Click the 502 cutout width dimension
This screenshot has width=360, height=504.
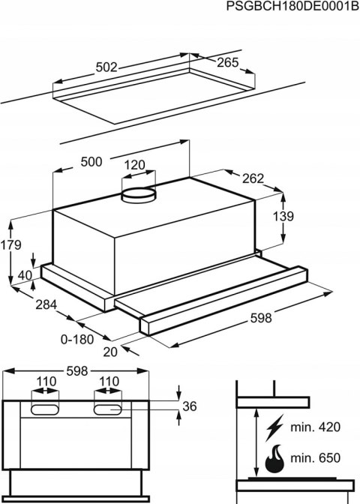click(x=107, y=67)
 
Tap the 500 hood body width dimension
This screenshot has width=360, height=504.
click(x=94, y=162)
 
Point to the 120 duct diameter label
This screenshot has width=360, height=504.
click(x=134, y=165)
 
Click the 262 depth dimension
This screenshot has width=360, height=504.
click(x=253, y=178)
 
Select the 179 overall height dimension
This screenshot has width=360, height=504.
click(x=11, y=245)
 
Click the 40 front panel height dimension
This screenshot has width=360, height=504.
click(x=25, y=275)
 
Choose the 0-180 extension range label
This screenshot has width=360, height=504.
click(x=78, y=338)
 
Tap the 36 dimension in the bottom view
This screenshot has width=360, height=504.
click(x=190, y=406)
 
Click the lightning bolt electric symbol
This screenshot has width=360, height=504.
click(x=274, y=426)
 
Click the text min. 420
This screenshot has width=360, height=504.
click(x=314, y=427)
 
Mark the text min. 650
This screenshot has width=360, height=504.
click(x=314, y=458)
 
